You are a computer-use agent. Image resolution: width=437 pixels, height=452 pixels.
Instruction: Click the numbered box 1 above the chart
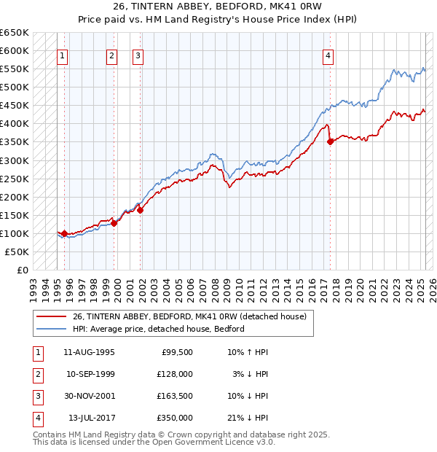[62, 55]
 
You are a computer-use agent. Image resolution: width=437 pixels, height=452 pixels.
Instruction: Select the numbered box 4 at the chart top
[328, 55]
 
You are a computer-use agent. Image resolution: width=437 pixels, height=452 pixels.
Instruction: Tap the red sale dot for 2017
[330, 141]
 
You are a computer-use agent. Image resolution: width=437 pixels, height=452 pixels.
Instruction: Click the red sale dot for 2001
[141, 210]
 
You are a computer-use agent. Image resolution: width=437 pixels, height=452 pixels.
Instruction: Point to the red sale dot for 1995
[64, 233]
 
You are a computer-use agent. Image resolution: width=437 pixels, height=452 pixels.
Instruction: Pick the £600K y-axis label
[15, 50]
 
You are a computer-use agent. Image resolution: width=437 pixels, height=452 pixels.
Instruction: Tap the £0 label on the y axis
[23, 270]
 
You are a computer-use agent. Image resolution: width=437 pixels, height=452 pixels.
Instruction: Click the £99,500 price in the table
[176, 352]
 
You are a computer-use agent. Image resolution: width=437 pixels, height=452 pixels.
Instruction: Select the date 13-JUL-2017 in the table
[91, 418]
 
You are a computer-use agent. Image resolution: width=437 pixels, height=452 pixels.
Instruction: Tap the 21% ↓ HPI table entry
[248, 418]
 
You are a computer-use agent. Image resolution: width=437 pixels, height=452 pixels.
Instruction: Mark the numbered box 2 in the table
[37, 374]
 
